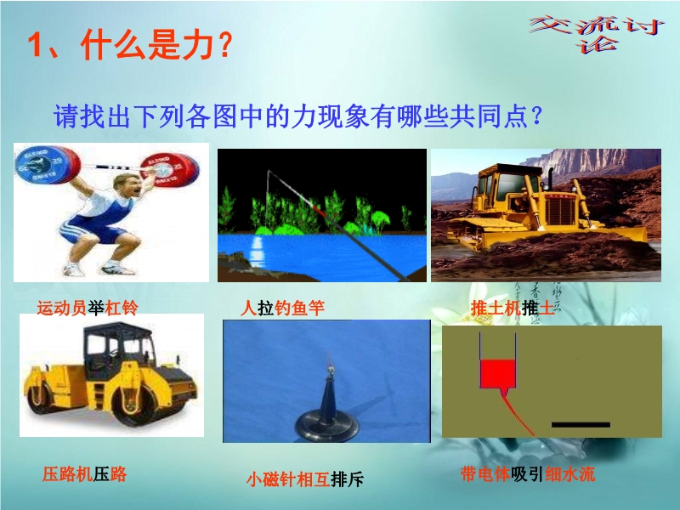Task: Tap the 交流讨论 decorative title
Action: pos(598,34)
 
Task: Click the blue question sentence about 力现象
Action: pos(298,116)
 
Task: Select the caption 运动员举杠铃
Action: pos(88,308)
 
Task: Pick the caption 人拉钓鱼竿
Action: pos(283,308)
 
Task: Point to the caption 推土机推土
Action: pos(513,308)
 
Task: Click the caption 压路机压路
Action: pos(84,474)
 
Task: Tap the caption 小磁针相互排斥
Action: pos(305,479)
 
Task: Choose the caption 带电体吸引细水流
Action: pos(528,474)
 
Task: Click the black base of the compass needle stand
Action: pos(326,426)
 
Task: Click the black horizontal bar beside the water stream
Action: pos(581,424)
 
